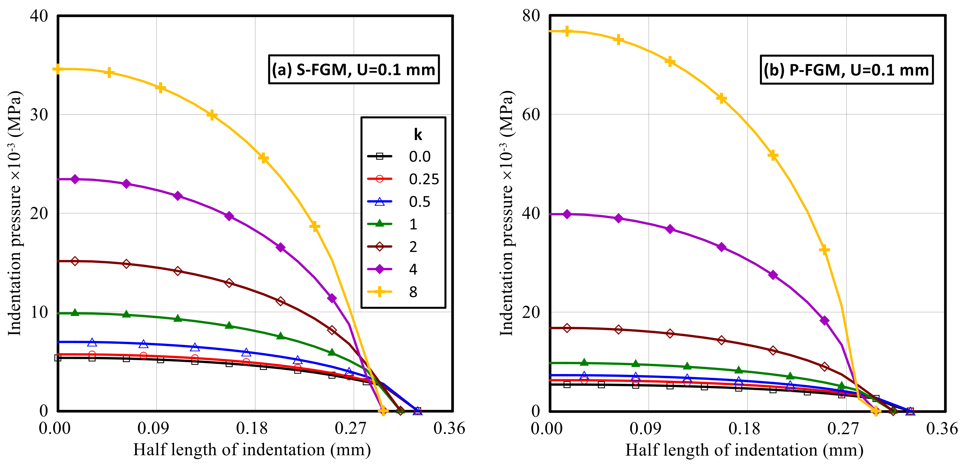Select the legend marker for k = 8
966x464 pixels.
[380, 292]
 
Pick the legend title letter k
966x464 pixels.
[418, 134]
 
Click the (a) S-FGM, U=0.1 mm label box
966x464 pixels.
[354, 69]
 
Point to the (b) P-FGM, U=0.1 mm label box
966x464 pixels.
[846, 70]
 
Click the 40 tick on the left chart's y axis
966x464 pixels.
[39, 16]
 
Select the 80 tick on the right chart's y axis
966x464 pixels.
[531, 16]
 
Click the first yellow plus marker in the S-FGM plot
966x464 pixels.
[57, 69]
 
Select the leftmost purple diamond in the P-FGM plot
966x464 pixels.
[567, 214]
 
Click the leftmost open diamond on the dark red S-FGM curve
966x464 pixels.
[75, 261]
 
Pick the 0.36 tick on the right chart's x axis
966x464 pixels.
[942, 428]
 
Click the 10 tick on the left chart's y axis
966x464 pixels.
[39, 312]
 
